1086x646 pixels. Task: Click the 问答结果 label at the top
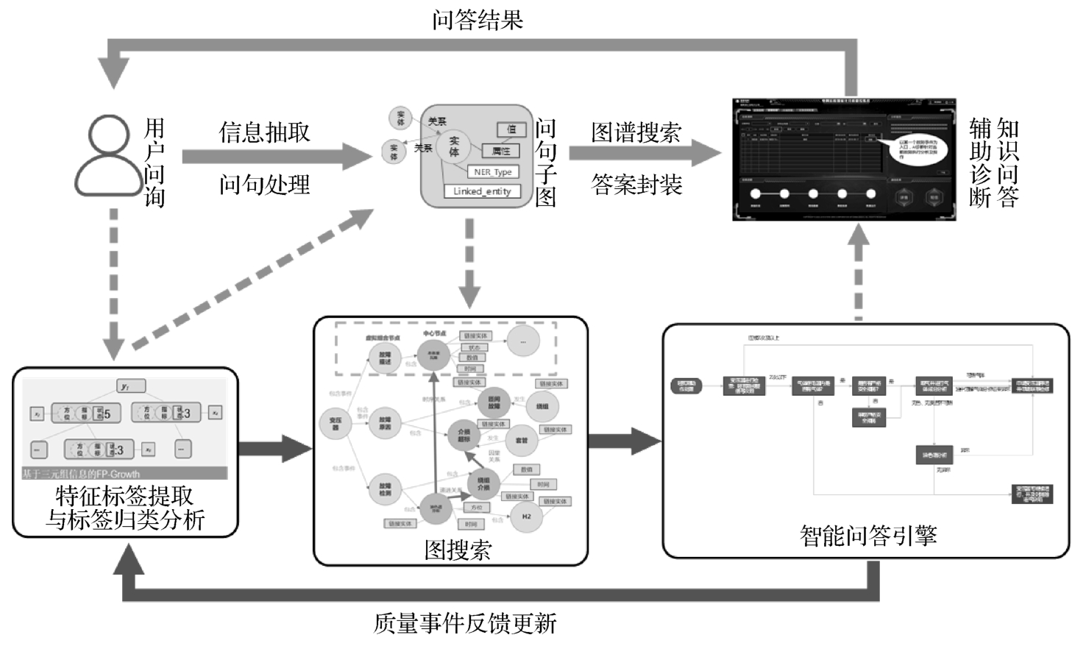point(478,19)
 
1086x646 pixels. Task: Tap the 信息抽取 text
point(264,132)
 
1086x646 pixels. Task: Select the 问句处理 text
point(264,184)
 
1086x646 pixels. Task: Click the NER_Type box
point(493,172)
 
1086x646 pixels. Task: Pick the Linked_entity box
point(482,191)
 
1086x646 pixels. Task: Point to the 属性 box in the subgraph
point(500,151)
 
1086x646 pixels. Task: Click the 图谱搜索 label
point(636,132)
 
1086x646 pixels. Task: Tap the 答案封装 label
point(636,184)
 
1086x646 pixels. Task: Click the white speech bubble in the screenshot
point(917,148)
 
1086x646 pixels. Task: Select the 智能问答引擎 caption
point(868,535)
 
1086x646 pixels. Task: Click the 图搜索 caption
point(458,549)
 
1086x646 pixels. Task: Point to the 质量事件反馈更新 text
point(465,623)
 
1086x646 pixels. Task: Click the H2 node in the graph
point(526,517)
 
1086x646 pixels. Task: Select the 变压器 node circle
point(335,423)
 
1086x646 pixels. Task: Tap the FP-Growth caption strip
point(124,474)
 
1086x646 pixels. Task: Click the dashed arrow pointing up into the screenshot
point(858,272)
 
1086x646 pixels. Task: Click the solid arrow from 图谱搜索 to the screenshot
point(644,154)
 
